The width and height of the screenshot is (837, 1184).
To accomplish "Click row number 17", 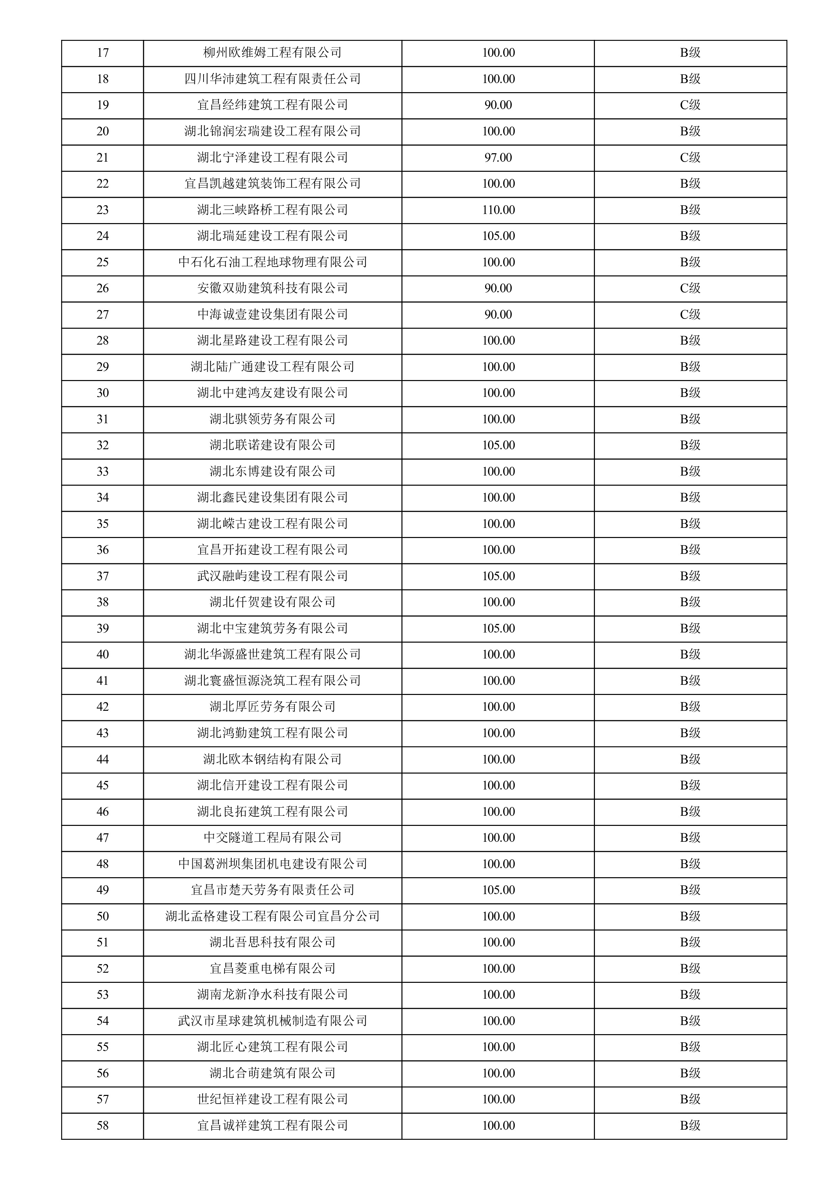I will (x=103, y=53).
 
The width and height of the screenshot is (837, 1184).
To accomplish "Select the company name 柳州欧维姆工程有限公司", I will (x=272, y=53).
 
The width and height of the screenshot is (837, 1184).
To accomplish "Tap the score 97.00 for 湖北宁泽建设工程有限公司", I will (x=498, y=157).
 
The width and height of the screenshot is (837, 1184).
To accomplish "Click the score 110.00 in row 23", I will (x=498, y=210).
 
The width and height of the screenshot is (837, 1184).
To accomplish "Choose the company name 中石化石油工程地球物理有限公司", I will (x=272, y=262).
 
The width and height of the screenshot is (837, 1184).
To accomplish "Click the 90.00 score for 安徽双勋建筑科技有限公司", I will (x=498, y=288).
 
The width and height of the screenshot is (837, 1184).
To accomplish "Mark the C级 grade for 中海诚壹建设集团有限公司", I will (x=690, y=315).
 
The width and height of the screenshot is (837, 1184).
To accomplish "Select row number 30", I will (x=103, y=393).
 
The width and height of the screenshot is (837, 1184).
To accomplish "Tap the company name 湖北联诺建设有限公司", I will (x=272, y=445).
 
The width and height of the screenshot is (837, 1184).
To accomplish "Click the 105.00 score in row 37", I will (x=498, y=576).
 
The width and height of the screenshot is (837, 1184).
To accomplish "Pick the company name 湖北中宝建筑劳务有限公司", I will (x=272, y=628).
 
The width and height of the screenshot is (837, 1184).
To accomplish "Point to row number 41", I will (x=103, y=681).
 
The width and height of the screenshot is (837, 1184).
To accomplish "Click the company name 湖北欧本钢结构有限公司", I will (x=272, y=759).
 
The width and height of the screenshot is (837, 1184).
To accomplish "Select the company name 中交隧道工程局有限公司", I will (x=272, y=837).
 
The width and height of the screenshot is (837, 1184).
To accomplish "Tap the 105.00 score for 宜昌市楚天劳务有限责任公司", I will (x=498, y=890).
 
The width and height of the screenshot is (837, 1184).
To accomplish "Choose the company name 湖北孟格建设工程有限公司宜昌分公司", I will (x=272, y=916).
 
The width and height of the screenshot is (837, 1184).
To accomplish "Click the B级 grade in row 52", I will (x=690, y=968).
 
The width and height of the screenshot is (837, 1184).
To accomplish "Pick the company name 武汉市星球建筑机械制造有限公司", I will (x=272, y=1021).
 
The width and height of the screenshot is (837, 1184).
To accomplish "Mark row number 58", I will (x=103, y=1125).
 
